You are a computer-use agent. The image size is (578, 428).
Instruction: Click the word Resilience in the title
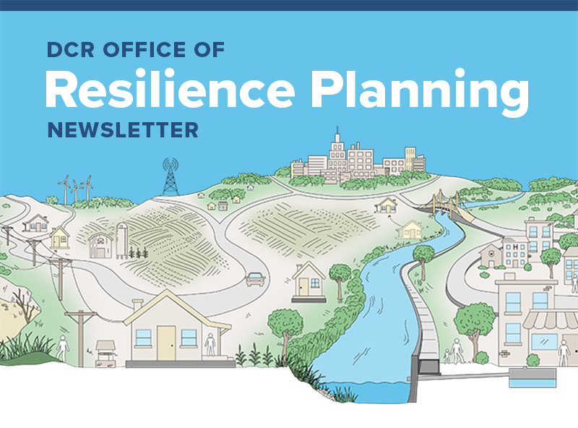point(169,92)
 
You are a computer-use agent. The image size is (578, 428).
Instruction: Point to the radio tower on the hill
point(171,177)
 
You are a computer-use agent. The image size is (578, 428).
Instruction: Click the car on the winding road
point(254,278)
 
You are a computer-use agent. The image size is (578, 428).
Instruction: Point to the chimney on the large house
point(137,306)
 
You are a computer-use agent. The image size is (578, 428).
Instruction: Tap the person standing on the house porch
point(210,343)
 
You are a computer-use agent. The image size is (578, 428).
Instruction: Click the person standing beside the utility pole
point(63,348)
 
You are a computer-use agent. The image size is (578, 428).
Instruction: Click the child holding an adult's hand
point(446,355)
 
